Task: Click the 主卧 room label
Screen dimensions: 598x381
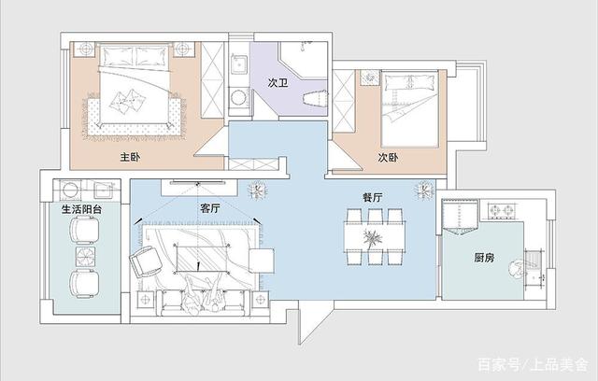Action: click(131, 157)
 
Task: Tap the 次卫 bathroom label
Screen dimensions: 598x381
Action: click(278, 83)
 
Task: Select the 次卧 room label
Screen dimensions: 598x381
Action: click(389, 157)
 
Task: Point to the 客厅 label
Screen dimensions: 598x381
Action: click(210, 208)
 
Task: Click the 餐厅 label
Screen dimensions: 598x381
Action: click(372, 197)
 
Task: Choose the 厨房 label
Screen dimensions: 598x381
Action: click(484, 258)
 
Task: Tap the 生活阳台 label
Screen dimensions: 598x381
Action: click(81, 209)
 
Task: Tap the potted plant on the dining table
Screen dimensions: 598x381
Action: click(372, 239)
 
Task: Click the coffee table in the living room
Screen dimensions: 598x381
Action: click(202, 259)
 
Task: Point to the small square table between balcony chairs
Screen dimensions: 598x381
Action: click(85, 256)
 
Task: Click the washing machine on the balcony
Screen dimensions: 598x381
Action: click(71, 190)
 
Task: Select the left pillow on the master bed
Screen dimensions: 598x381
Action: click(117, 56)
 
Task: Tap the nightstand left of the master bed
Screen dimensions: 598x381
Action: click(85, 49)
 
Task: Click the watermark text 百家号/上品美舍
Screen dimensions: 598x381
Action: click(533, 364)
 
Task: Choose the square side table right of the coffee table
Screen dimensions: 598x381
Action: click(262, 261)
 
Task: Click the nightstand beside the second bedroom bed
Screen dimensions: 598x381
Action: click(370, 78)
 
